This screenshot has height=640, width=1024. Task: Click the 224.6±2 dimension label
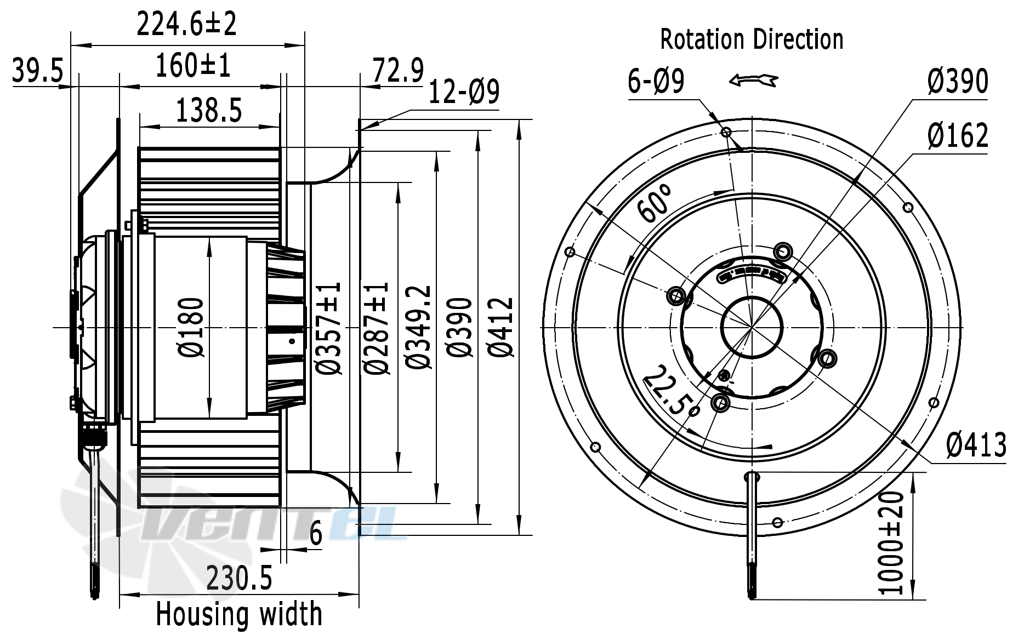click(x=186, y=24)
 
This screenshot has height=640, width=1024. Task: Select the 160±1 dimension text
click(x=193, y=66)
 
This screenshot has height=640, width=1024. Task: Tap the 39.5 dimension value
click(x=38, y=72)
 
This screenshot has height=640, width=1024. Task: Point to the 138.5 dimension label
click(x=209, y=111)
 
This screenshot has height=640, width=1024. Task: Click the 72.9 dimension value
click(x=399, y=71)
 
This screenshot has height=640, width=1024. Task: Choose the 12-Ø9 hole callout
click(x=464, y=92)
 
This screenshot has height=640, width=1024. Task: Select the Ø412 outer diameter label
click(x=501, y=328)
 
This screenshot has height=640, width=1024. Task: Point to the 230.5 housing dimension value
click(x=239, y=578)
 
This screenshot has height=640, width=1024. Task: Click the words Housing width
click(x=239, y=614)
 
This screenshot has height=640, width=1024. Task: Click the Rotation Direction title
click(x=752, y=39)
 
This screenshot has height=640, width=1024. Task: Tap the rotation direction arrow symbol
click(x=753, y=81)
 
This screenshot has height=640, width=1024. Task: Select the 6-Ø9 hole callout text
click(x=656, y=82)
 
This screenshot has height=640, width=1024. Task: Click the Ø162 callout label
click(x=958, y=135)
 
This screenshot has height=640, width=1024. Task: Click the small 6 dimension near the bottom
click(x=316, y=534)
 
